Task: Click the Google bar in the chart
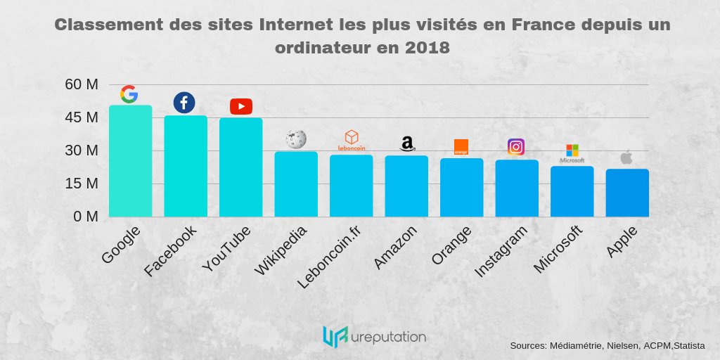130,161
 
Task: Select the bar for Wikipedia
296,184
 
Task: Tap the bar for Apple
627,193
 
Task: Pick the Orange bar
461,188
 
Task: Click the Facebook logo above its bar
184,103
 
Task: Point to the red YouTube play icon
240,106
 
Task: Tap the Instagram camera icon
516,147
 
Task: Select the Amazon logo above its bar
407,144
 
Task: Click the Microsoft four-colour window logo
572,150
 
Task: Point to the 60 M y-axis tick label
81,84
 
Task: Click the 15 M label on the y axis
81,184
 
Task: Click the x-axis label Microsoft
558,250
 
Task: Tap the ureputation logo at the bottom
373,337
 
